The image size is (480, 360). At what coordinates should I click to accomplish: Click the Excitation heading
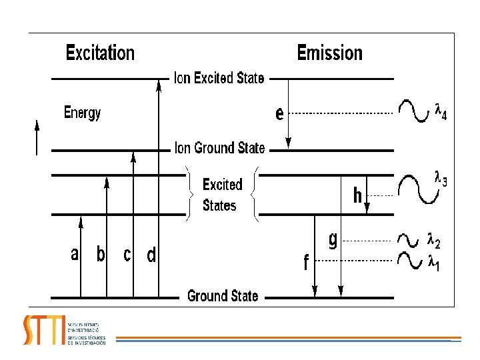tap(100, 53)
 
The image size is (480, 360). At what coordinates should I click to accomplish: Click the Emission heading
tap(329, 53)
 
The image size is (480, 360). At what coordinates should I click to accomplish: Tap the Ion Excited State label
tap(219, 79)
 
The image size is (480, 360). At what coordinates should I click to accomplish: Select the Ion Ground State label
tap(219, 148)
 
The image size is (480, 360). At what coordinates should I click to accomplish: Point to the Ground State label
tap(223, 296)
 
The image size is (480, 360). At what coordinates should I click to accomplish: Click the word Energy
tap(82, 113)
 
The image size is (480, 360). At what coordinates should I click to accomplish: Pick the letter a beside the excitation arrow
tap(75, 254)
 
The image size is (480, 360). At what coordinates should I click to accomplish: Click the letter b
tap(101, 254)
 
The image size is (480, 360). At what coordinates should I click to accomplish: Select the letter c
tap(127, 255)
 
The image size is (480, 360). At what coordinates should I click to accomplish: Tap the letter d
tap(151, 255)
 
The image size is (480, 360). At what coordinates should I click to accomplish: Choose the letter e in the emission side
tap(279, 113)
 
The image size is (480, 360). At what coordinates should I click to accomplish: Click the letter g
tap(333, 241)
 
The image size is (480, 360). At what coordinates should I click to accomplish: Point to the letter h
tap(358, 196)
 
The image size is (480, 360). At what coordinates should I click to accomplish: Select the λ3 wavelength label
tap(441, 179)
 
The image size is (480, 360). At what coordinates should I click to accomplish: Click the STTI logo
tap(44, 329)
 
